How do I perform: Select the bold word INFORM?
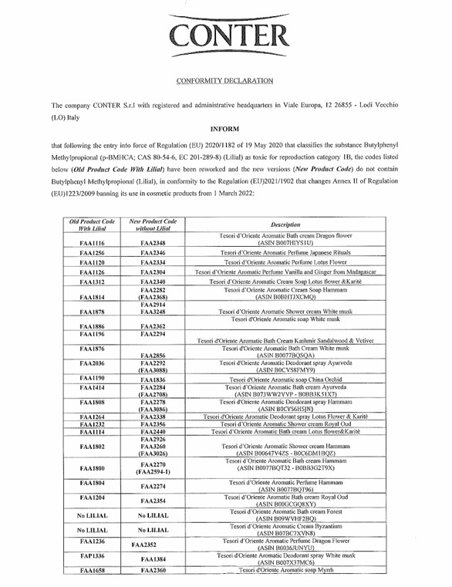(x=224, y=129)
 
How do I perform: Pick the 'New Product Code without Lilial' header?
(x=153, y=224)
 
